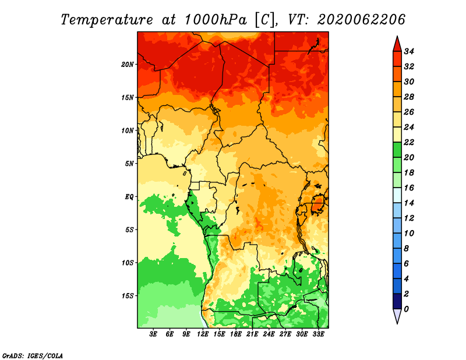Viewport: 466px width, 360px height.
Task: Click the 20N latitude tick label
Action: click(x=128, y=65)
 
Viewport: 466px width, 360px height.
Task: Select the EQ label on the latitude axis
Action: click(x=129, y=197)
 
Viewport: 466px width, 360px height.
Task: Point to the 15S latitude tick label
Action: click(x=128, y=296)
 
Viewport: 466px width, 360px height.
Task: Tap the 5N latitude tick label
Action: click(x=129, y=164)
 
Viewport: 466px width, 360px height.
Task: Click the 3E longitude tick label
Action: click(x=153, y=334)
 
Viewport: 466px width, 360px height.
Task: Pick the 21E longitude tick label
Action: click(x=252, y=334)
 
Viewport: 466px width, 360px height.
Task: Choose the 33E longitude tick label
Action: click(x=318, y=334)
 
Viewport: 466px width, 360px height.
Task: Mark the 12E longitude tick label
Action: click(x=203, y=334)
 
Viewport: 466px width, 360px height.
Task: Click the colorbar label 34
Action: click(x=409, y=51)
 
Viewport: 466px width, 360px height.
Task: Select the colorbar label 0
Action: click(x=406, y=309)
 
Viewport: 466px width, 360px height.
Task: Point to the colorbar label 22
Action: click(x=409, y=142)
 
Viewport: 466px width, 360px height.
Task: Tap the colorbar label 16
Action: click(x=409, y=188)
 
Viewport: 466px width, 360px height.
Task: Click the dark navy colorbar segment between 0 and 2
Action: click(x=397, y=301)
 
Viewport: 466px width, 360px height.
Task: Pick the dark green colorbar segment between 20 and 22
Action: click(x=397, y=150)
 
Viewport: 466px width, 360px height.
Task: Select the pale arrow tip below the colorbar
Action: click(x=397, y=323)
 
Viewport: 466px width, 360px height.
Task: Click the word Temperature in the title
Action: click(x=107, y=20)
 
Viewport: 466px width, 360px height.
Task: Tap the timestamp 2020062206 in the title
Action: click(x=361, y=20)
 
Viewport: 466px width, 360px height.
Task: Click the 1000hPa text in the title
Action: click(x=216, y=20)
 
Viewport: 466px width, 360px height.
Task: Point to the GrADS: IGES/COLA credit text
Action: click(x=33, y=356)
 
